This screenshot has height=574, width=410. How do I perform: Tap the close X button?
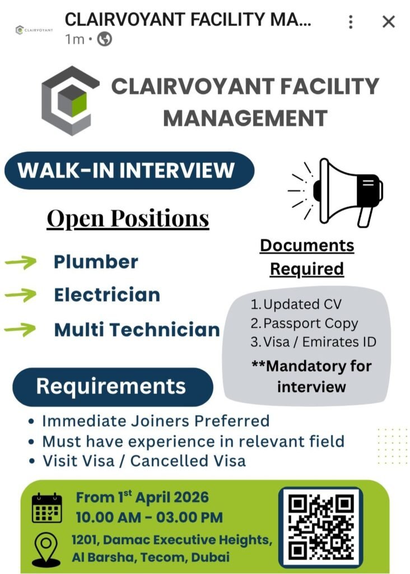(x=388, y=22)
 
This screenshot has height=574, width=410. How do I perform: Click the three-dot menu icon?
(x=351, y=22)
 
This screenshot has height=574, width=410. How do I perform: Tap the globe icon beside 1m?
(x=105, y=39)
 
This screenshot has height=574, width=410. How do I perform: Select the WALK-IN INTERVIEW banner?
(x=129, y=170)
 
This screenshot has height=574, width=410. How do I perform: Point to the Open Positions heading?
(x=128, y=219)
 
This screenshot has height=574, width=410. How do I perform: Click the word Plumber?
(x=96, y=262)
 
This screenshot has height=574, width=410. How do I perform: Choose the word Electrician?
(x=107, y=295)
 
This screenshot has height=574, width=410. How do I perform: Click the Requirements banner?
(x=112, y=386)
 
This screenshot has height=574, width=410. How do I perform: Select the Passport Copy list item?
(x=304, y=323)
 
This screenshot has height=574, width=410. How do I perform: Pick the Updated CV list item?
(x=296, y=305)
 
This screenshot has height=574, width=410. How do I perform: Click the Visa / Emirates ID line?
(x=313, y=341)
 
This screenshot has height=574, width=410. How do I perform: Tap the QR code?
(x=320, y=526)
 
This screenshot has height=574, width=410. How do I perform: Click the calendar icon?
(x=46, y=508)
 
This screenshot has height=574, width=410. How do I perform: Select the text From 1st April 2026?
(x=142, y=497)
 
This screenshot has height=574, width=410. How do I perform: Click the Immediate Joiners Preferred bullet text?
(x=156, y=420)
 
